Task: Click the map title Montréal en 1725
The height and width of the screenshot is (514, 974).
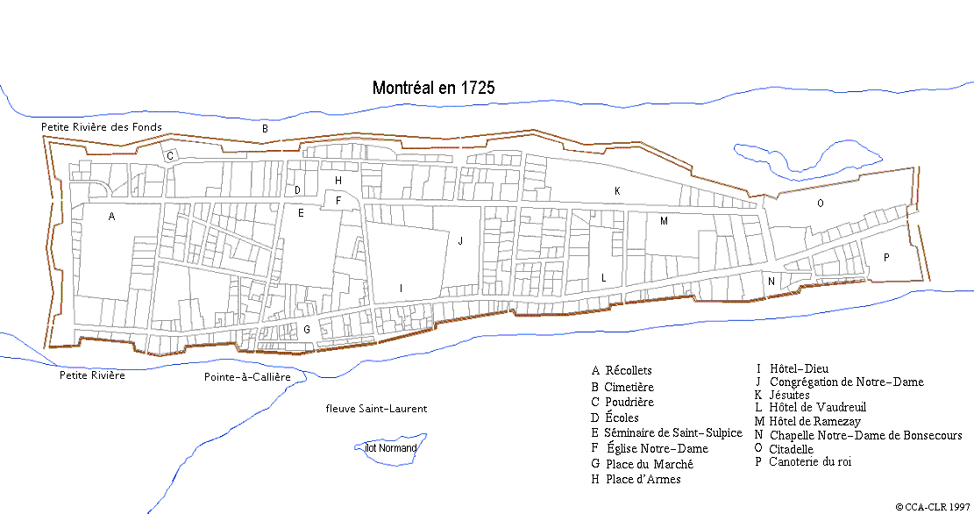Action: [433, 88]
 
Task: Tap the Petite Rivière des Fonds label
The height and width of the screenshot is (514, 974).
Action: [102, 127]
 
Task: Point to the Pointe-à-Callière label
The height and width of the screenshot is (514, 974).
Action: [246, 376]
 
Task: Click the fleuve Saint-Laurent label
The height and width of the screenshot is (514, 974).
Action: [376, 408]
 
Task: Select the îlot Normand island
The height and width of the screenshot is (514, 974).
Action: [391, 447]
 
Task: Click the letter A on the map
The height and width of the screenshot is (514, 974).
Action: [111, 216]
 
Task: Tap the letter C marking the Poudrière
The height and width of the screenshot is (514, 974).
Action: [171, 155]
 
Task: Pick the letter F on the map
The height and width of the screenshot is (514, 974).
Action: [338, 201]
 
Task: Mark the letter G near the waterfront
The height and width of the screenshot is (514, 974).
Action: [306, 329]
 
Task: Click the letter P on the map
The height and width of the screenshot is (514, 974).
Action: [887, 257]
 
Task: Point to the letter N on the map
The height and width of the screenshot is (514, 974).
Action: [771, 282]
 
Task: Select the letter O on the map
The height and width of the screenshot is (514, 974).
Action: [821, 203]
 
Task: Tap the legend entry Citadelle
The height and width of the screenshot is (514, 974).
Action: [791, 449]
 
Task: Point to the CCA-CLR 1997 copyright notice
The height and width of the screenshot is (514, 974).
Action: [933, 506]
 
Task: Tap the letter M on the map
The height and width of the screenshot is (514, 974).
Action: [664, 221]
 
